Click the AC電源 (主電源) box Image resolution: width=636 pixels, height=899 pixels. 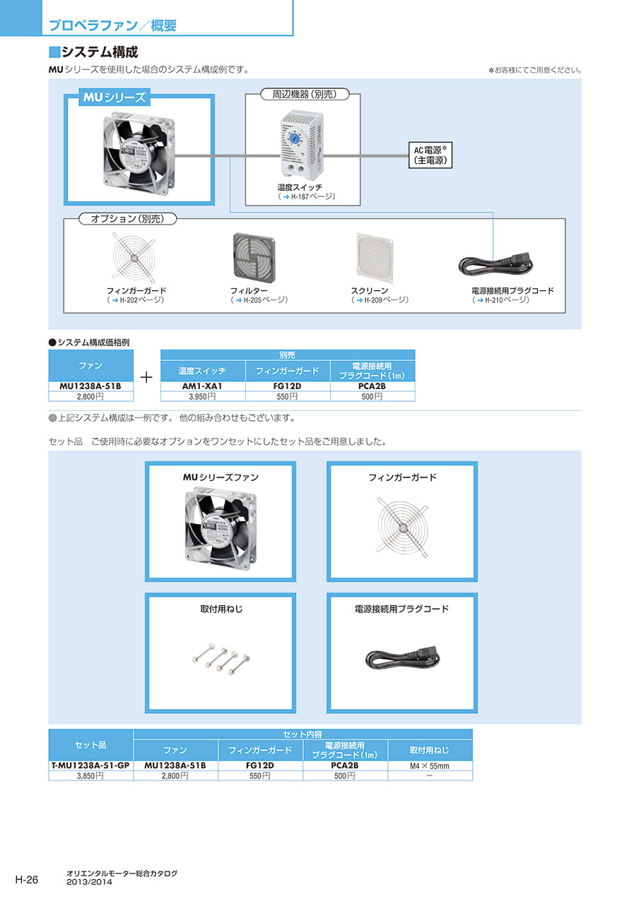[x=430, y=155]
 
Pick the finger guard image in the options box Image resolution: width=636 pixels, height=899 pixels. [x=136, y=258]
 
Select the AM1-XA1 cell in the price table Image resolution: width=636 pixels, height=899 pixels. [x=204, y=386]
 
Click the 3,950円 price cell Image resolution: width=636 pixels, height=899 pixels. [x=204, y=396]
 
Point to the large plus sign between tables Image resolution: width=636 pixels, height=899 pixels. [x=147, y=377]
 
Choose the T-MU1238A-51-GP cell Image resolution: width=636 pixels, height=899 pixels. [x=90, y=766]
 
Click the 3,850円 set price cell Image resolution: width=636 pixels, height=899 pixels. [x=90, y=775]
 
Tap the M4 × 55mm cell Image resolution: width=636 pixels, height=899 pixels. [x=430, y=766]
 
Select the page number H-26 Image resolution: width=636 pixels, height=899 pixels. [x=27, y=879]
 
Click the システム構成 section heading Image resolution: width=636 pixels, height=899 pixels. [x=99, y=52]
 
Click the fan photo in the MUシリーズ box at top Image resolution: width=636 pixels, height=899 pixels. [x=139, y=152]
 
